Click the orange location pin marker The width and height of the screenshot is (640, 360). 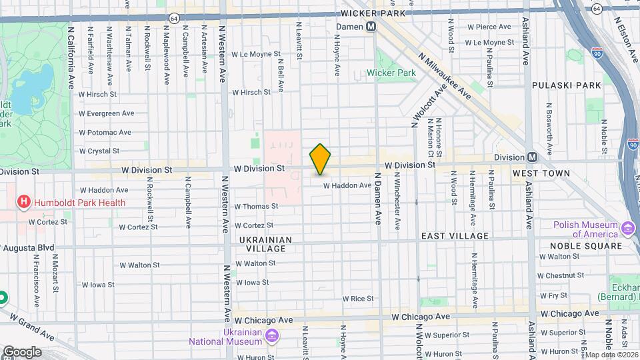pyautogui.click(x=320, y=159)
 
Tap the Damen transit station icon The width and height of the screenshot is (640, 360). pyautogui.click(x=371, y=26)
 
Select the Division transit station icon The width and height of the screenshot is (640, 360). pyautogui.click(x=532, y=157)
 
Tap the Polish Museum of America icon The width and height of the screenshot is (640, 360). pyautogui.click(x=627, y=229)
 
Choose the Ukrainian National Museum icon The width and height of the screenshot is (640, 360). pyautogui.click(x=271, y=335)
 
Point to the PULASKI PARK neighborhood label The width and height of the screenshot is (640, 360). pyautogui.click(x=566, y=85)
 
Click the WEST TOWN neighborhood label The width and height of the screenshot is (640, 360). pyautogui.click(x=541, y=173)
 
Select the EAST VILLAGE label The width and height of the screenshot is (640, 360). pyautogui.click(x=455, y=236)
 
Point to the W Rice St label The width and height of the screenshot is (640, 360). pyautogui.click(x=358, y=299)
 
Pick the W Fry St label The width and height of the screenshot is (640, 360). pyautogui.click(x=553, y=295)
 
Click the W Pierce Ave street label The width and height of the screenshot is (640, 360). pyautogui.click(x=489, y=27)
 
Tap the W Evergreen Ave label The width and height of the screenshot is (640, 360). pyautogui.click(x=106, y=113)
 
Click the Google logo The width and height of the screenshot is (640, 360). pyautogui.click(x=22, y=351)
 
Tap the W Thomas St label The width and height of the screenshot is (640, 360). pyautogui.click(x=255, y=207)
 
